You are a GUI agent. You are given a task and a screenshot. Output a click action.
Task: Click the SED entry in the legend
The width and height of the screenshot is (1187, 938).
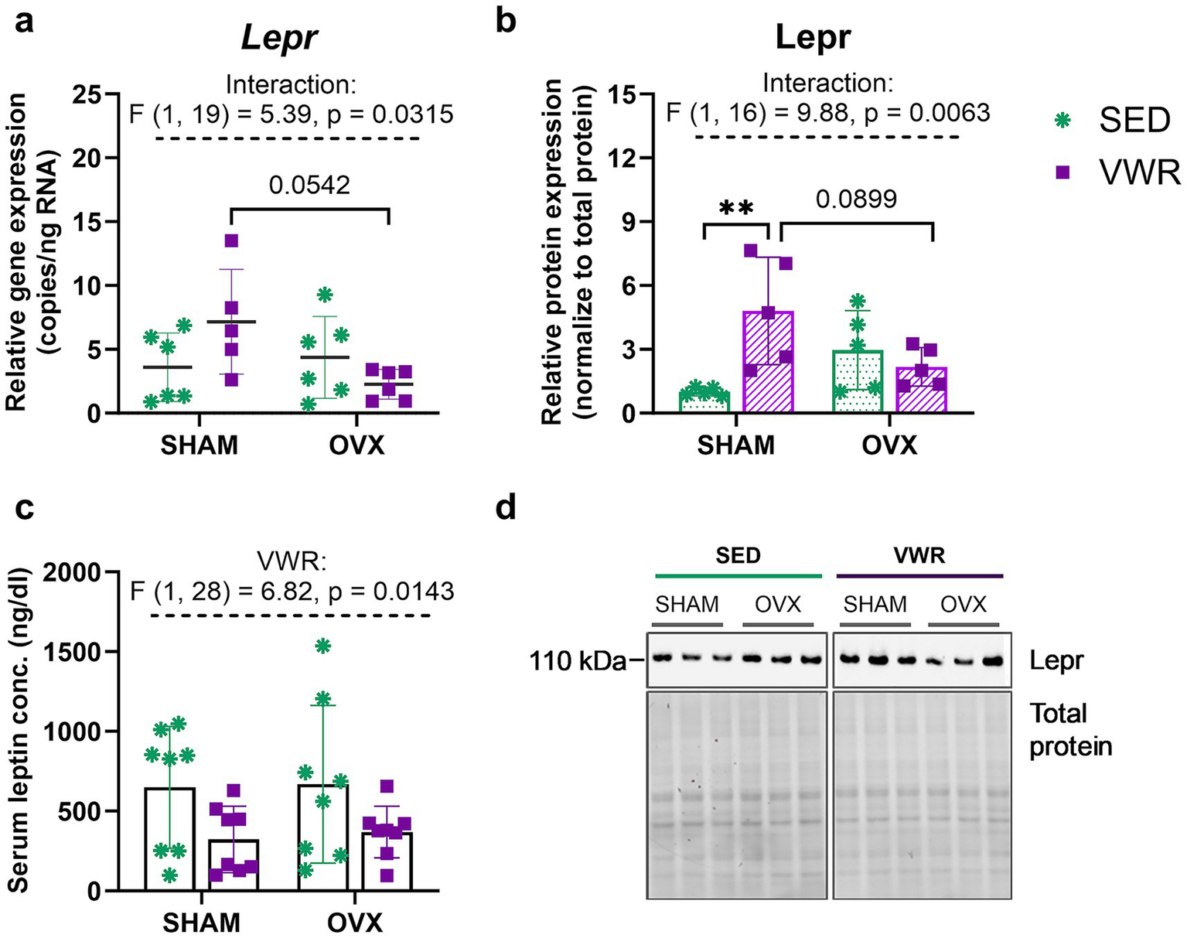click(1114, 120)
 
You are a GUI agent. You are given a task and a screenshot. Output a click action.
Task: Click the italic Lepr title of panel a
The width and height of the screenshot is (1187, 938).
click(279, 38)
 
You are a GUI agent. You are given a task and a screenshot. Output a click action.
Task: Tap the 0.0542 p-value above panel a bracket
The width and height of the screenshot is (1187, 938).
click(309, 185)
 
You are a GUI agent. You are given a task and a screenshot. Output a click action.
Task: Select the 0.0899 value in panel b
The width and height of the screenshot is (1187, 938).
click(857, 200)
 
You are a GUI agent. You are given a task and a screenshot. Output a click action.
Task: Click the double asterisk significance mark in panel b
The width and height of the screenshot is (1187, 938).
click(735, 208)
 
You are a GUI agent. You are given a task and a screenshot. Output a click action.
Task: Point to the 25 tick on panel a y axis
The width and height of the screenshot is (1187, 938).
click(90, 94)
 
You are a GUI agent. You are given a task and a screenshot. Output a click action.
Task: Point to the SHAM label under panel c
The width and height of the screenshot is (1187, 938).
click(201, 923)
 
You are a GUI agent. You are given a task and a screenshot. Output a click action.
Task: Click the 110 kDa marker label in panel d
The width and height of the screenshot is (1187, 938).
click(576, 660)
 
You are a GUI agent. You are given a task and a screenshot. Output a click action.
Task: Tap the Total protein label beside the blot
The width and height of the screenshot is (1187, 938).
click(1069, 729)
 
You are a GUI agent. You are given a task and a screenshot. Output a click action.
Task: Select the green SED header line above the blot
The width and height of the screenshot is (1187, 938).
click(738, 576)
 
